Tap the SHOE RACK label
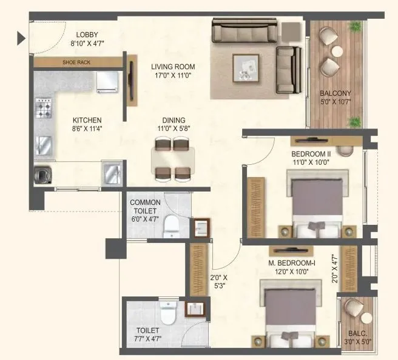pos(76,62)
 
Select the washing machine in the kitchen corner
pos(44,175)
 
